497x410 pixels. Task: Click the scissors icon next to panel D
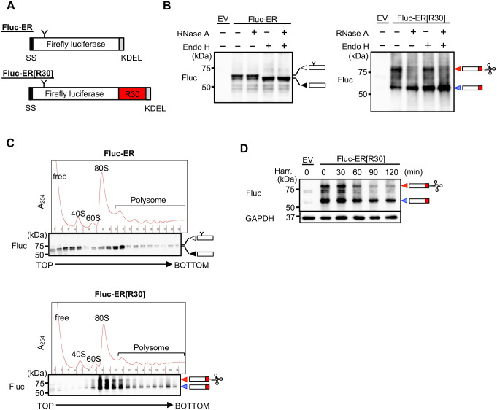click(440, 187)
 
